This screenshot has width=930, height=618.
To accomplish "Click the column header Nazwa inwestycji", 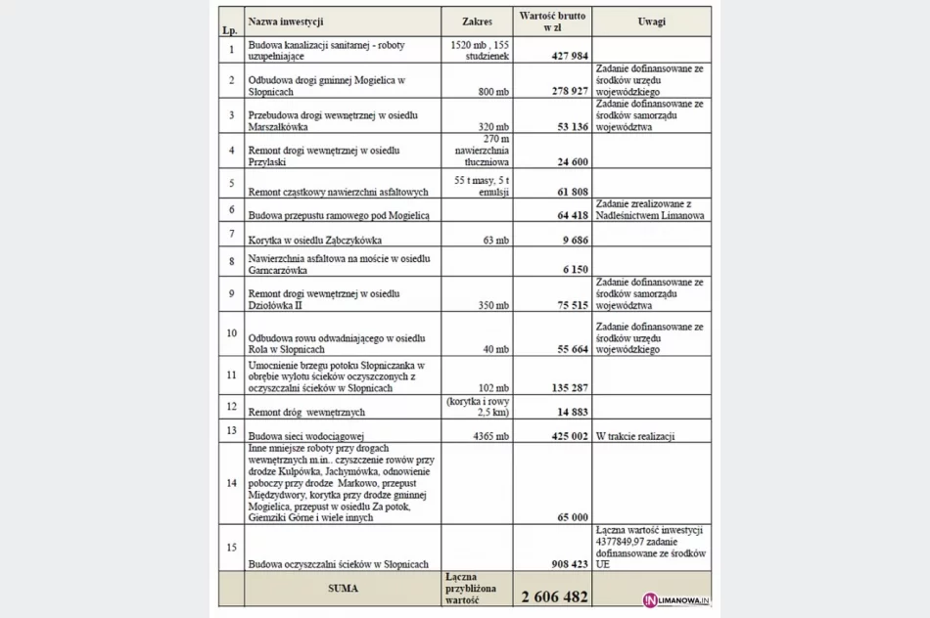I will point(286,21).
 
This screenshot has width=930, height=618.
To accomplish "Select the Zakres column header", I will point(477,21).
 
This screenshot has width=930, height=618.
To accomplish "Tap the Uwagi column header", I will point(651,21).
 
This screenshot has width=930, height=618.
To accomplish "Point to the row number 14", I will point(231,483).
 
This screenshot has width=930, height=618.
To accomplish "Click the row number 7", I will point(231,234).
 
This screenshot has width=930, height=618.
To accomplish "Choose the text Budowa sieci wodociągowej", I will point(305,436).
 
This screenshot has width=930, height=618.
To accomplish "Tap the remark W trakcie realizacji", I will point(634,436).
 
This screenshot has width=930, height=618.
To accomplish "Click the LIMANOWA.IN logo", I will point(675,598).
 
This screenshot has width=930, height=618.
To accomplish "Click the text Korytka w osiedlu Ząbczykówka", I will point(314,240).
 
